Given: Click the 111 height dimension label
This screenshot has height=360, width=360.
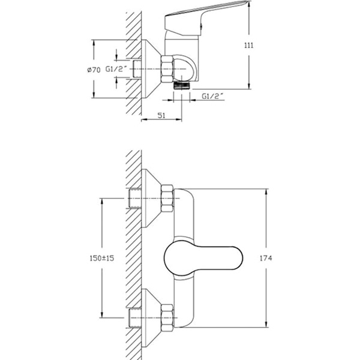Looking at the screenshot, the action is (249, 45).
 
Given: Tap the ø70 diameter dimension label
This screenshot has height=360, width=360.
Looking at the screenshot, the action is (94, 70).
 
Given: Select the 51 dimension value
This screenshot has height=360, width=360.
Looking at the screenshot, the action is (161, 115).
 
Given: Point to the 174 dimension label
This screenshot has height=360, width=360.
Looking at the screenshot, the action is (266, 258).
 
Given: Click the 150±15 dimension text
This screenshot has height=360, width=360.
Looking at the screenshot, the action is (102, 258).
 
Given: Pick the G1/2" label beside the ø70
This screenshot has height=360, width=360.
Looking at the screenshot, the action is (116, 69).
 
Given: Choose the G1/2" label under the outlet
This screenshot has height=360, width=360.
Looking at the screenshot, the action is (212, 96).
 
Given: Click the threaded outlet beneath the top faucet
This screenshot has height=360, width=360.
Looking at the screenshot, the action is (182, 85).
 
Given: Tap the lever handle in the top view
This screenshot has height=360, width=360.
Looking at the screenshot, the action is (206, 19).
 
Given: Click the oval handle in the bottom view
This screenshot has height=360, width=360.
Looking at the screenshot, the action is (203, 258).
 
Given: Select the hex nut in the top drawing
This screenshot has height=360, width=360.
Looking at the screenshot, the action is (167, 69).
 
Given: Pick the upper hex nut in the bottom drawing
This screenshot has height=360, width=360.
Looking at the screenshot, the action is (167, 199).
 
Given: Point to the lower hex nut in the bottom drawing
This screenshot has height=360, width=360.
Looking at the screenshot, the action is (167, 318).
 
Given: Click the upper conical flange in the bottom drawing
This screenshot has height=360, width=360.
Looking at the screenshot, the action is (151, 199).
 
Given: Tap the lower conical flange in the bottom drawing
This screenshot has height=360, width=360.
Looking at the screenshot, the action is (151, 318).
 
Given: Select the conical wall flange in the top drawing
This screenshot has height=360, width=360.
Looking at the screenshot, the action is (151, 69).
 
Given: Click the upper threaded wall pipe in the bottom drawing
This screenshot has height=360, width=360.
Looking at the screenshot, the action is (136, 199).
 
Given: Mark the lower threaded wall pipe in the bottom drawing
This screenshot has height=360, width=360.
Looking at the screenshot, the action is (136, 318).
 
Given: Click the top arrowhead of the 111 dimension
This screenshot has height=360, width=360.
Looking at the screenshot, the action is (249, 4).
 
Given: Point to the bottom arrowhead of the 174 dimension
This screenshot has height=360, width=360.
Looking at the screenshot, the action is (266, 323).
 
